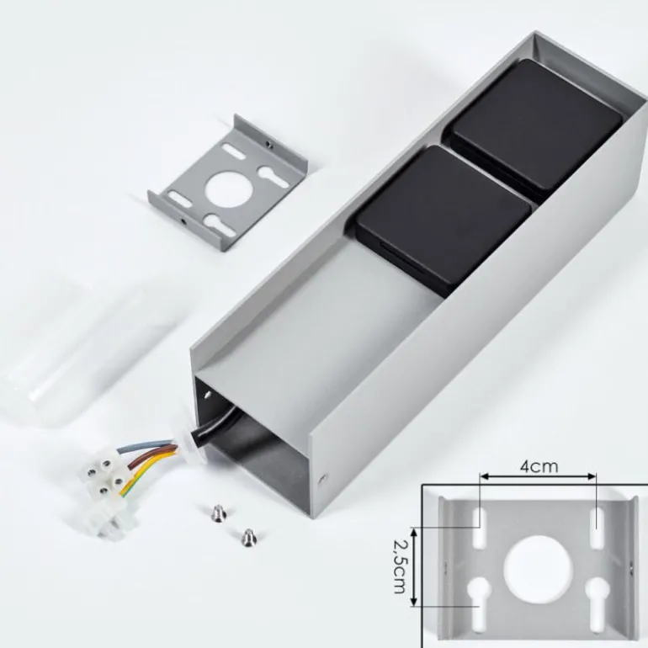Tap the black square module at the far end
click(532, 124)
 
